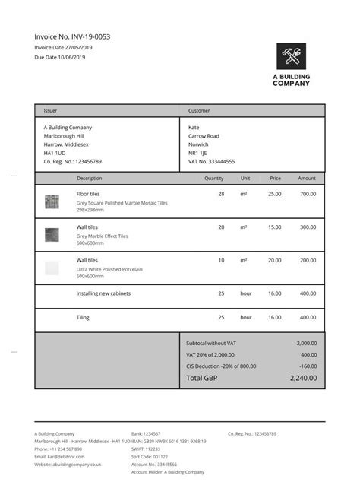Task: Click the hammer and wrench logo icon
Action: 291,55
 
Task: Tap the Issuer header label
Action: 50,111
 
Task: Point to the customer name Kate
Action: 194,127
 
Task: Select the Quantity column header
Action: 214,178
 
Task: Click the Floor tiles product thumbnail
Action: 52,201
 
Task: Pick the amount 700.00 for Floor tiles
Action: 307,194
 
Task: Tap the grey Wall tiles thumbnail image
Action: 52,234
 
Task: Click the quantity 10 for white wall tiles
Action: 221,260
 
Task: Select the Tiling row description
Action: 83,317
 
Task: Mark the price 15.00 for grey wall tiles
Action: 274,227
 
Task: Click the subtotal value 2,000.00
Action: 306,343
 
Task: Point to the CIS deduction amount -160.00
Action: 308,366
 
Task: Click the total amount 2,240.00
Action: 303,378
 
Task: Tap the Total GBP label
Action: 201,378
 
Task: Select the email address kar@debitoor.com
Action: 65,456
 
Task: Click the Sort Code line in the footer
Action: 150,456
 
